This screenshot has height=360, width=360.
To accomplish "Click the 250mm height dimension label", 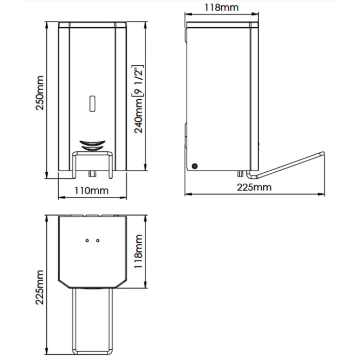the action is (x=40, y=93).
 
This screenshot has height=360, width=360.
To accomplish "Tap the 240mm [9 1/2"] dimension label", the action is (x=138, y=99).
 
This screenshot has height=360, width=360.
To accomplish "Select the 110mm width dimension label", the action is (x=92, y=191).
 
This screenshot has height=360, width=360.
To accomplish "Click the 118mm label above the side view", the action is (x=222, y=7).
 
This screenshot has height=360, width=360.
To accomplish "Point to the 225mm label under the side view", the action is (x=254, y=187).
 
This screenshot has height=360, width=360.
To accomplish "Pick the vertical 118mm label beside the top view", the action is (x=138, y=251).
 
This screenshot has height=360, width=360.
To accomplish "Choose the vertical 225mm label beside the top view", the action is (x=40, y=287).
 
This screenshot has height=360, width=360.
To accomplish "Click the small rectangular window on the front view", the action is (x=92, y=103).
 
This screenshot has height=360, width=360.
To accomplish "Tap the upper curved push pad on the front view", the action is (x=92, y=143).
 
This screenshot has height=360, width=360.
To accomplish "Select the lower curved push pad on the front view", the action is (x=92, y=148).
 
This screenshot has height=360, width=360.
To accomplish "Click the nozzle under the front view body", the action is (x=92, y=174).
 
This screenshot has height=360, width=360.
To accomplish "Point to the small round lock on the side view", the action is (x=195, y=166).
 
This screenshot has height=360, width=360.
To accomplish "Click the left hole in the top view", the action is (x=87, y=241).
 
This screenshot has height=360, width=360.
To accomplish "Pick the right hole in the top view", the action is (x=98, y=241).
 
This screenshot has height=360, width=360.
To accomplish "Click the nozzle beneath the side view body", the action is (x=240, y=174).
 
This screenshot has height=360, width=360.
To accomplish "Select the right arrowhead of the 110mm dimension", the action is (x=124, y=197).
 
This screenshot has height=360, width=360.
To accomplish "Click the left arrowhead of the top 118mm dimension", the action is (x=188, y=14).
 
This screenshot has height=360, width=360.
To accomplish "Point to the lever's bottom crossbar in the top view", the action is (x=93, y=352).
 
